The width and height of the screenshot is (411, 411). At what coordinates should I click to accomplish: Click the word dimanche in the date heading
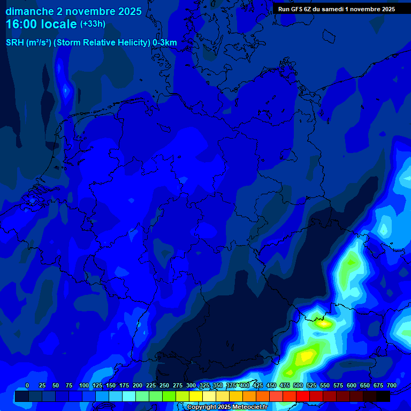(29, 11)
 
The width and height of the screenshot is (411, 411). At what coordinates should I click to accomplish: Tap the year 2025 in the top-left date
(128, 11)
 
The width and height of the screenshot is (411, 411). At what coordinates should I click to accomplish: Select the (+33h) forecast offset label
(93, 24)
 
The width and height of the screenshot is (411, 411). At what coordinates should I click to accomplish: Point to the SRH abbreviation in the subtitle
(15, 43)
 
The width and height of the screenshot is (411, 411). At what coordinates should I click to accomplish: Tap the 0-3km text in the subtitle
(165, 43)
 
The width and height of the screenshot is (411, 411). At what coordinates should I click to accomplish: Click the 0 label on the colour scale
(27, 385)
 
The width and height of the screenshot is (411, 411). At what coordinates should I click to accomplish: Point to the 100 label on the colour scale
(84, 385)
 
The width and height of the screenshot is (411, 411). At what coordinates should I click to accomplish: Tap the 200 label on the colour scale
(138, 385)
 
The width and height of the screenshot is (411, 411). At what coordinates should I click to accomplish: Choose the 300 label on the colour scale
(191, 385)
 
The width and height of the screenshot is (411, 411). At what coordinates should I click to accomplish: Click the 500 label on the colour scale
(298, 385)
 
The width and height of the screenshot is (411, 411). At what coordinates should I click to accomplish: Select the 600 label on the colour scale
(352, 385)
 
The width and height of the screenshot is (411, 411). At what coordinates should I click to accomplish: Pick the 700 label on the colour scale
(392, 385)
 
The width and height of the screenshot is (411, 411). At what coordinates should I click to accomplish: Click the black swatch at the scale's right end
(383, 396)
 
